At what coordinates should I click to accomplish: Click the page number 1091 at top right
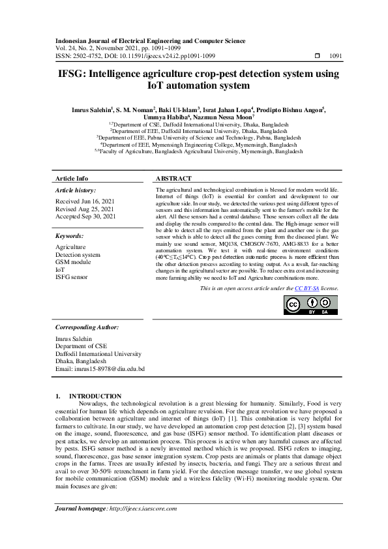point(335,57)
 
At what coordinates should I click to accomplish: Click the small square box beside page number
point(318,57)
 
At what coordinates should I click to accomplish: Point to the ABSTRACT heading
point(173,178)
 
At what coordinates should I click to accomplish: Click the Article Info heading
point(72,178)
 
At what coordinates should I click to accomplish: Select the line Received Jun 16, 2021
point(85,201)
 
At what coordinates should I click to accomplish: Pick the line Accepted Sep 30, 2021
point(85,216)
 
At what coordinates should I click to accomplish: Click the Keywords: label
point(69,235)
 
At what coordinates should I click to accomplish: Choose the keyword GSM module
point(73,262)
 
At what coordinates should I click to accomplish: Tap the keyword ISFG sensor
point(72,276)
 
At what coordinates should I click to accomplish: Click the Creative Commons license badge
point(310,305)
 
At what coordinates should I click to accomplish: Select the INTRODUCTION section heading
point(95,396)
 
